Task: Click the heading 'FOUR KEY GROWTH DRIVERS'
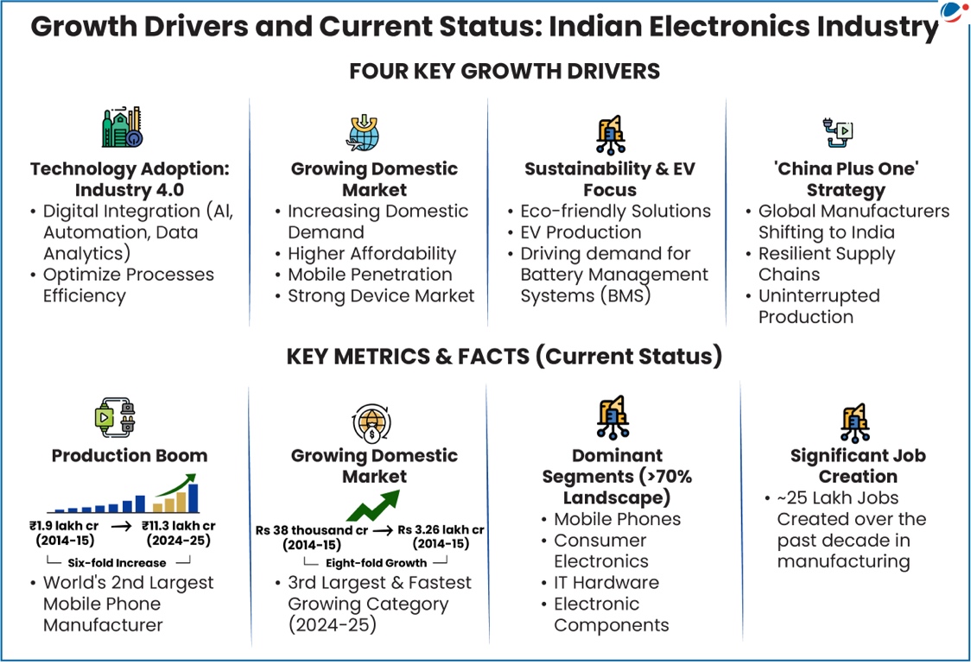tap(505, 71)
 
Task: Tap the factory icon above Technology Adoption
tap(123, 127)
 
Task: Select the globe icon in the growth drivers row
tap(364, 132)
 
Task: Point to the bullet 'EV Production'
tap(581, 232)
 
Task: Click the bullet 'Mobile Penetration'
tap(370, 275)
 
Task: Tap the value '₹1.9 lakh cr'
tap(64, 526)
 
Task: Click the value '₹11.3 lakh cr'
tap(178, 526)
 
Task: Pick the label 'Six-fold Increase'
tap(117, 563)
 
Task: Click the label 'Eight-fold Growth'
tap(376, 563)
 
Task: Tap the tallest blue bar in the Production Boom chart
tap(194, 497)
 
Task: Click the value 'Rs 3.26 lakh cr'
tap(441, 530)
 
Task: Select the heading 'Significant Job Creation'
tap(858, 465)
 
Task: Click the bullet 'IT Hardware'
tap(606, 583)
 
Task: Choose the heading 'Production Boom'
tap(130, 456)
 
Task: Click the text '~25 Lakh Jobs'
tap(838, 497)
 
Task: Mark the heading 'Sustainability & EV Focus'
tap(610, 179)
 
